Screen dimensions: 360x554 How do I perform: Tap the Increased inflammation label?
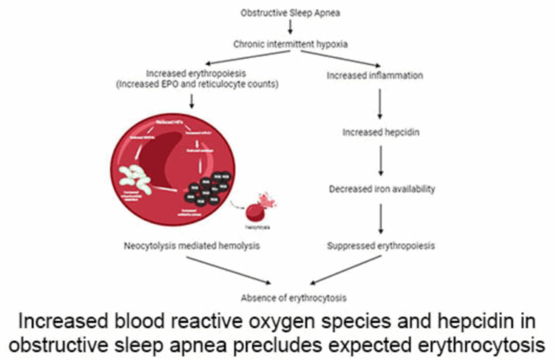click(x=375, y=76)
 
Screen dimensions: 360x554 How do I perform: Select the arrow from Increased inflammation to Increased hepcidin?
click(x=380, y=105)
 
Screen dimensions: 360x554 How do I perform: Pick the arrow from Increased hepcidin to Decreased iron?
click(x=380, y=160)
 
